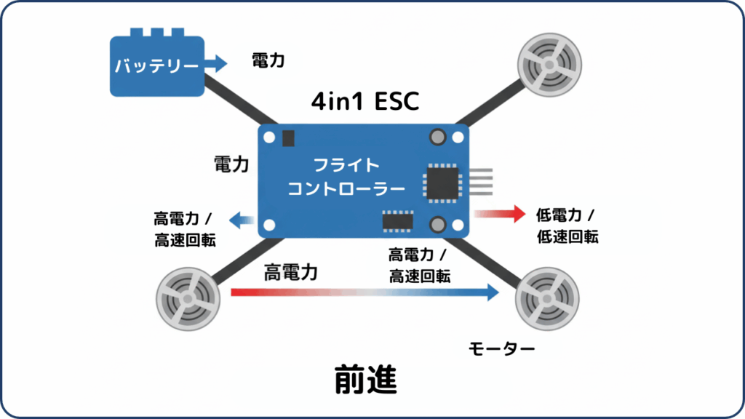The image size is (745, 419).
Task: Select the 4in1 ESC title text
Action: point(365,102)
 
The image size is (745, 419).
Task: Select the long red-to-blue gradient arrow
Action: point(364,292)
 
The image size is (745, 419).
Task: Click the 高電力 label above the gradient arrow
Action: point(291,273)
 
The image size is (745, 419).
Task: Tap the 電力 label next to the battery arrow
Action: point(268,61)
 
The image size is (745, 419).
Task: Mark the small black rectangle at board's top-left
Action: point(288,137)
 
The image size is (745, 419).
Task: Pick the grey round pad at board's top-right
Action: point(438,136)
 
